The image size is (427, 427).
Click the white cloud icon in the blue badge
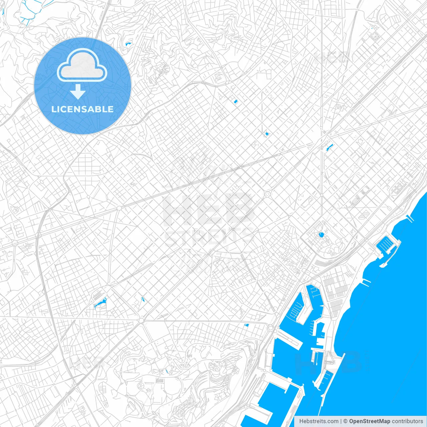82,65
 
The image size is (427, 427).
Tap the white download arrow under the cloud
78,92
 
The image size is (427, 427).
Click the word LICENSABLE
82,109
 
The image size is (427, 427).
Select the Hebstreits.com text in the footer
319,421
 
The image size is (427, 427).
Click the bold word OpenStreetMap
369,421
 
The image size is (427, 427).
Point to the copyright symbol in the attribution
345,421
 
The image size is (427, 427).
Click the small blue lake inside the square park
321,235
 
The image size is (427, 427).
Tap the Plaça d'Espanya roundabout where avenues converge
141,321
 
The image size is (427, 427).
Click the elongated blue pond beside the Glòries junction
329,147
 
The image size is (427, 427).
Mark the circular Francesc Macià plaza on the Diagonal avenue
119,208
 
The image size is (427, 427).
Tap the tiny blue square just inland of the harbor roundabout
247,325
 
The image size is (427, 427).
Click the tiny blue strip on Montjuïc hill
166,371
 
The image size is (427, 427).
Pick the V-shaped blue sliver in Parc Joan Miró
143,299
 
